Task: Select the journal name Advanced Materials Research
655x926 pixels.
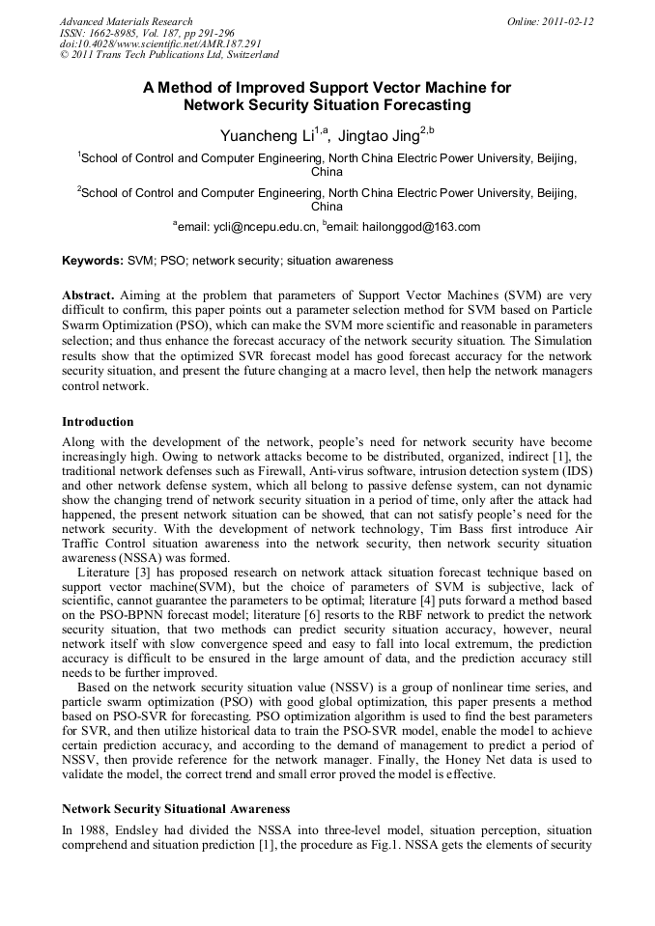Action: pyautogui.click(x=126, y=21)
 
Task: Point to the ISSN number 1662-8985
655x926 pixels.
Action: pyautogui.click(x=122, y=33)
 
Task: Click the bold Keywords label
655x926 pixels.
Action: pyautogui.click(x=92, y=262)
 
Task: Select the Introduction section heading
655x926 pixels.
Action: pyautogui.click(x=98, y=422)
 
